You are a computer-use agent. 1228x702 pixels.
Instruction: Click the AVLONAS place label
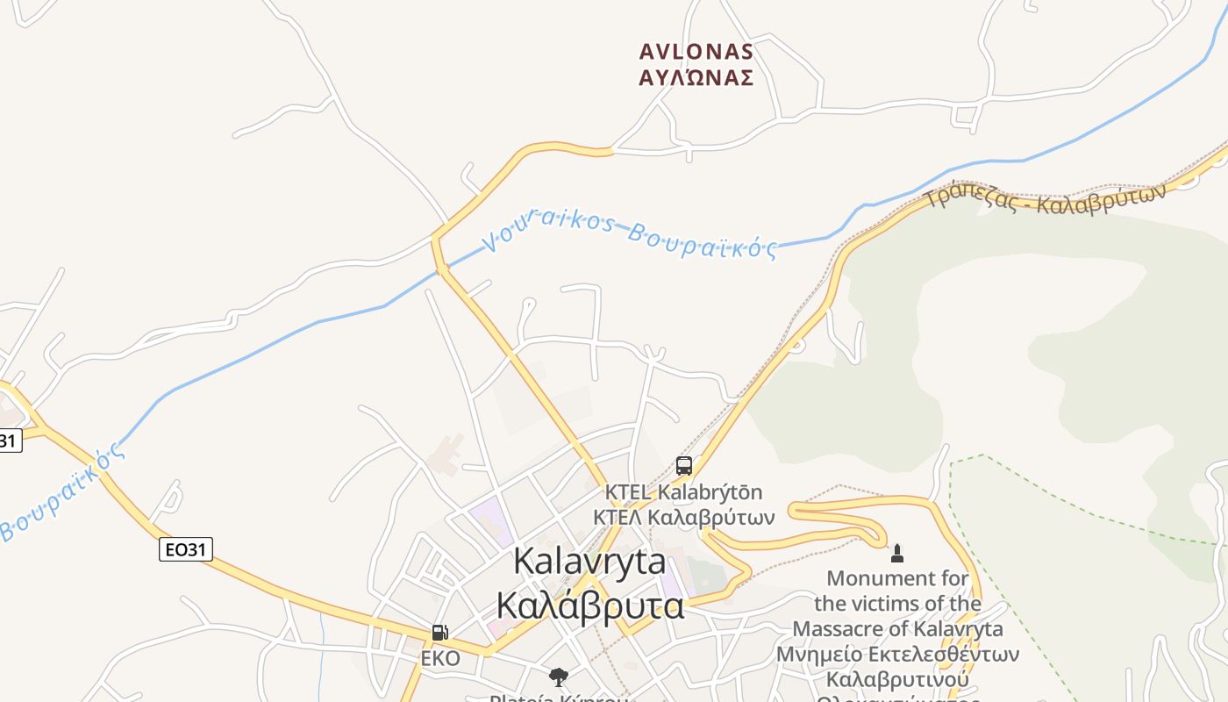(x=696, y=52)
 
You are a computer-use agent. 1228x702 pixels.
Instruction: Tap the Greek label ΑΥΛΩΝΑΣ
(x=696, y=78)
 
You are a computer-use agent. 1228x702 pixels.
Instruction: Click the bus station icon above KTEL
(x=684, y=466)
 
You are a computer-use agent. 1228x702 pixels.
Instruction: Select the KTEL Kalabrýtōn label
(x=683, y=492)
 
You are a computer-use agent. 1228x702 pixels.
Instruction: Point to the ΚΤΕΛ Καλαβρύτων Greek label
(x=683, y=518)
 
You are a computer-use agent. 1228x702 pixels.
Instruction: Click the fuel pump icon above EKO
(x=440, y=633)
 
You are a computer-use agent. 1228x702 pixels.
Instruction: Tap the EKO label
(x=440, y=658)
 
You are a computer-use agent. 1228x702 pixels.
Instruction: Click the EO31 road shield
(x=186, y=550)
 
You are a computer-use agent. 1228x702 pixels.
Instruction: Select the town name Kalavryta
(x=589, y=562)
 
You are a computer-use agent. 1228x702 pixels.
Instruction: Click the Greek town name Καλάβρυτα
(x=589, y=605)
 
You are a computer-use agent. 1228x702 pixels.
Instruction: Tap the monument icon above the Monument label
(x=896, y=554)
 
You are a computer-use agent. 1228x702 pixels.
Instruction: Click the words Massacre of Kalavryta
(x=897, y=629)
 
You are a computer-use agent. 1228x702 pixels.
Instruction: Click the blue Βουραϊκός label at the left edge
(x=61, y=493)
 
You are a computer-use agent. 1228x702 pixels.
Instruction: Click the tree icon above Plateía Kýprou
(x=558, y=677)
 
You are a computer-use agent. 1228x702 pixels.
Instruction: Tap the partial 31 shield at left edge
(x=9, y=441)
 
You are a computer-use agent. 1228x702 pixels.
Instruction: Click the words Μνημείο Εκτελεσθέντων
(x=897, y=655)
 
